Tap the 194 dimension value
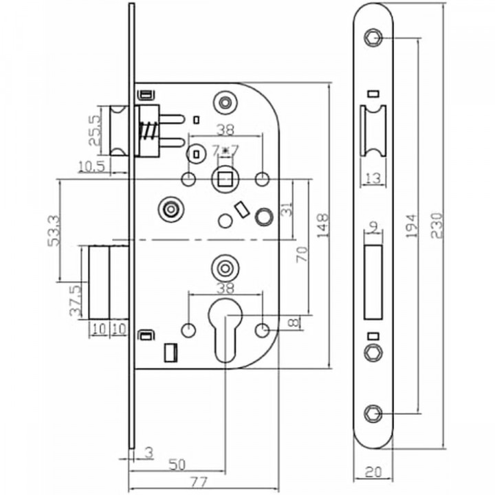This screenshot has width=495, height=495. pyautogui.click(x=410, y=223)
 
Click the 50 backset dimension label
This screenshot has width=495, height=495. pyautogui.click(x=177, y=464)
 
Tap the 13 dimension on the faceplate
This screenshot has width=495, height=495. pyautogui.click(x=373, y=179)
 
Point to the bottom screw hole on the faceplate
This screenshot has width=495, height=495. pyautogui.click(x=373, y=413)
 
